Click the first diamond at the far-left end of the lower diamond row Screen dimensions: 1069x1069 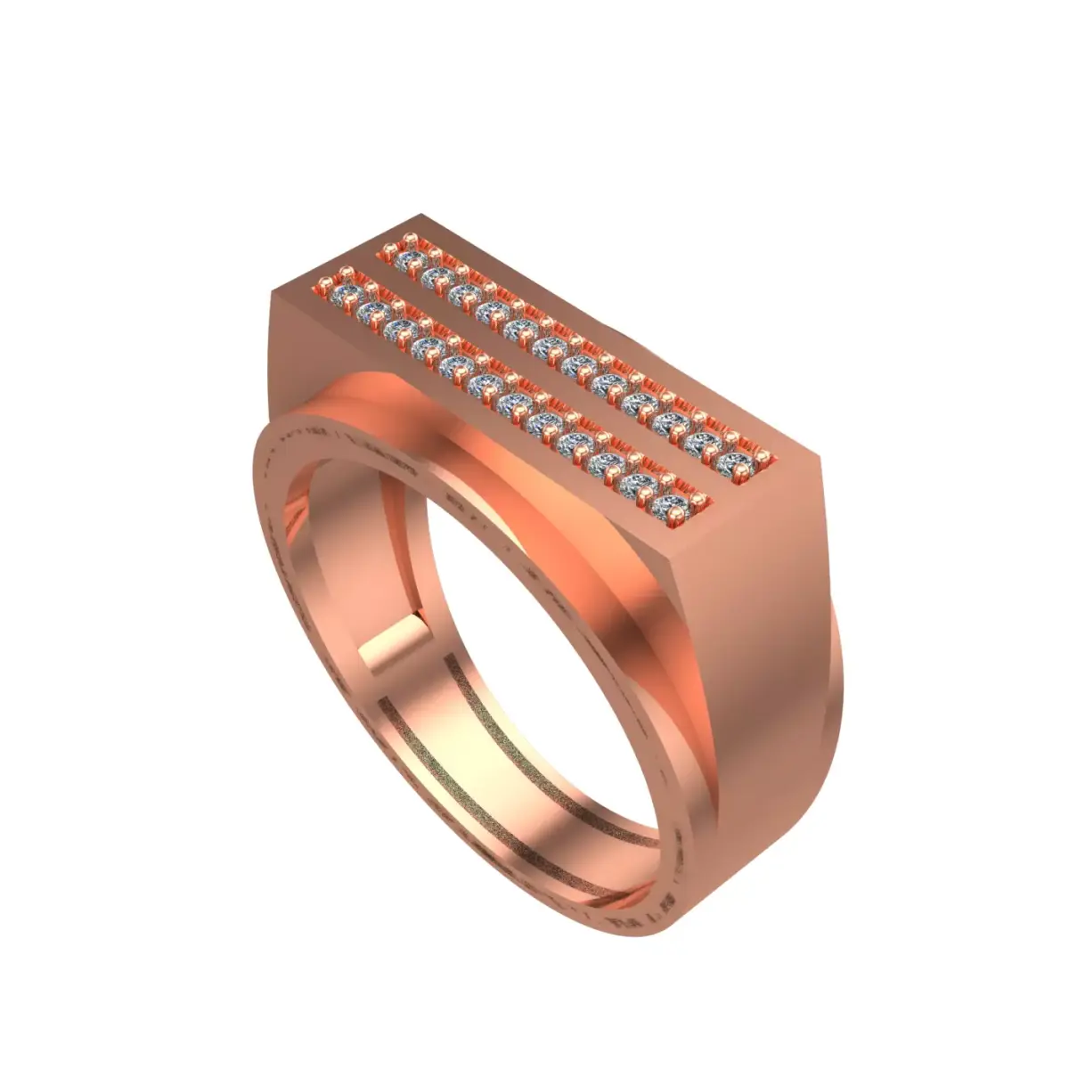(x=344, y=293)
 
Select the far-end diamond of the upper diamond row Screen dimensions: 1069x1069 (x=412, y=258)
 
